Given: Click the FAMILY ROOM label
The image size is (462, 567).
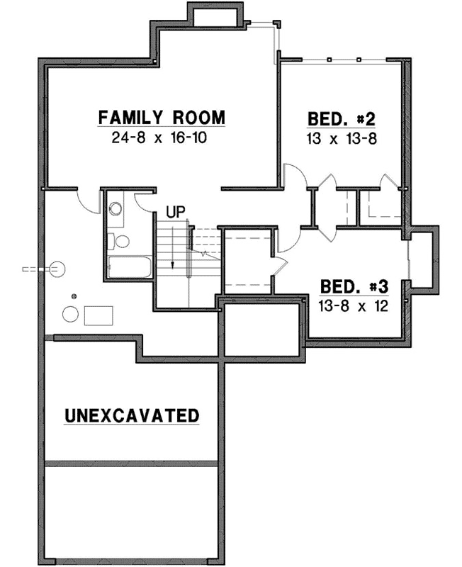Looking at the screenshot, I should (x=162, y=117).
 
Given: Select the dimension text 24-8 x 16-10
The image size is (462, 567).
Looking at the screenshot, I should (x=159, y=137).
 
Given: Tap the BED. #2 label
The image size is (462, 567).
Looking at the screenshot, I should (x=341, y=118).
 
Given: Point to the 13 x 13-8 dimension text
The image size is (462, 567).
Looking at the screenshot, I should (x=341, y=138).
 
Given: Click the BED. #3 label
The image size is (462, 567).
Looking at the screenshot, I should (x=354, y=287).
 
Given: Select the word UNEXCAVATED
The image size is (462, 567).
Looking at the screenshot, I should (x=132, y=415).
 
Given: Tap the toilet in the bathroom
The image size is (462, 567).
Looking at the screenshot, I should (x=122, y=241).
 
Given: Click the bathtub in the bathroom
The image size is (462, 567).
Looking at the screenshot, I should (x=129, y=268).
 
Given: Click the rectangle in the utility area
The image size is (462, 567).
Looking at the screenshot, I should (x=98, y=315).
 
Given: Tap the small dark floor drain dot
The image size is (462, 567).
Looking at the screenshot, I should (x=73, y=296).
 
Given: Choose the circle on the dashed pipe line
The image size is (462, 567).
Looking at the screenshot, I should (x=56, y=269).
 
